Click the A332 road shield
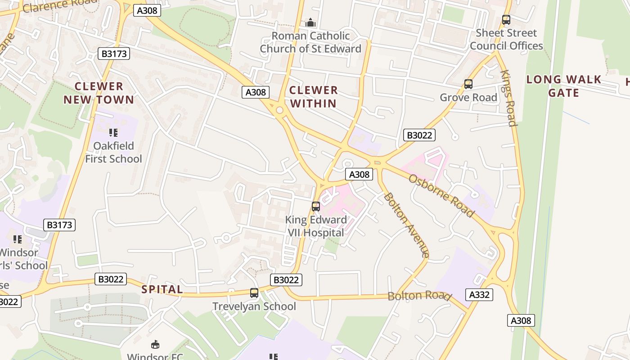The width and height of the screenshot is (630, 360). click(479, 295)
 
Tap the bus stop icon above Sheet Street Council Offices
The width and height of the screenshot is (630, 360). click(506, 20)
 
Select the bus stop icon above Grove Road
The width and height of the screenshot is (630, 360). click(468, 84)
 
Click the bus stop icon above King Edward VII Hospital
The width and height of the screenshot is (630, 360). click(316, 207)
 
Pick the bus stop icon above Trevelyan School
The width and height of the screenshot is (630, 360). click(254, 293)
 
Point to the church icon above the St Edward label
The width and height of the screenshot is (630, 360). click(310, 22)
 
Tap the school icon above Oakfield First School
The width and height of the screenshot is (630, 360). click(113, 133)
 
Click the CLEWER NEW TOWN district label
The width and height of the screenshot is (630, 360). click(99, 93)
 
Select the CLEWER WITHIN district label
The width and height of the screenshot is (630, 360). click(314, 97)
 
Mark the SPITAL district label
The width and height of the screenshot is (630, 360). click(162, 289)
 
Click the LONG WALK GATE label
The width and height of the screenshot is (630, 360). click(564, 86)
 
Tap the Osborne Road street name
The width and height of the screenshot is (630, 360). click(441, 195)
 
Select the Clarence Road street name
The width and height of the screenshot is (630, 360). click(54, 6)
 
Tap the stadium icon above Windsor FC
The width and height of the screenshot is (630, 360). click(155, 345)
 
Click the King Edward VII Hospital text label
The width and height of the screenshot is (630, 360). click(316, 226)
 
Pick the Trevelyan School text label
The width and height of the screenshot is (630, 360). click(254, 306)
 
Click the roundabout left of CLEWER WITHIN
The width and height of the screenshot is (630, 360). click(279, 110)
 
